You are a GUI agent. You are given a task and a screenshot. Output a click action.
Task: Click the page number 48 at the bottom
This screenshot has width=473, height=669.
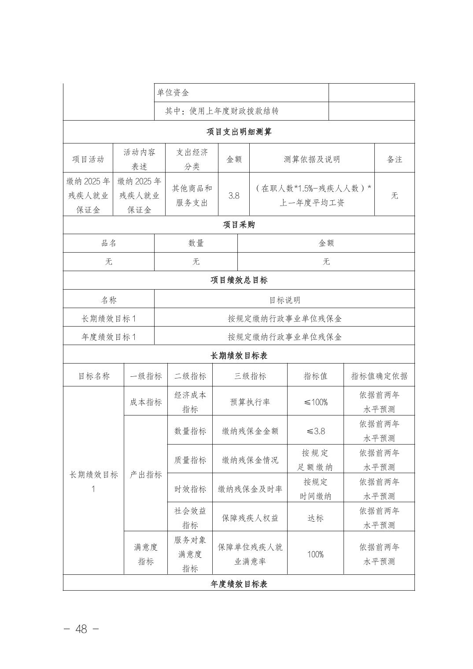pyautogui.click(x=81, y=629)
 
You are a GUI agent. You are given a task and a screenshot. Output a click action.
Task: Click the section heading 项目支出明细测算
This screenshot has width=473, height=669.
pyautogui.click(x=239, y=132)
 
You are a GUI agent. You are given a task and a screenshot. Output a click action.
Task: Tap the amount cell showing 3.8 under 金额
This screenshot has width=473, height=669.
pyautogui.click(x=234, y=195)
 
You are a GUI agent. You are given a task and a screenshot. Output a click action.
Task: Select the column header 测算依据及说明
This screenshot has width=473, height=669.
pyautogui.click(x=312, y=159)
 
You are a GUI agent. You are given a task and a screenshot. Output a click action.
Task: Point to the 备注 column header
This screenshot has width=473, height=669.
pyautogui.click(x=395, y=159)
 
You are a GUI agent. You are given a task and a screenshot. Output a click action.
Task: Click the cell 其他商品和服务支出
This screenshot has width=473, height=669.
pyautogui.click(x=192, y=195)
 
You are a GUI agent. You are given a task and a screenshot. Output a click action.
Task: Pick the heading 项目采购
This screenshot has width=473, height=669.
pyautogui.click(x=239, y=225)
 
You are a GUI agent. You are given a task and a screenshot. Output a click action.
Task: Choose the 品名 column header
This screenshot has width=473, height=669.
pyautogui.click(x=109, y=243)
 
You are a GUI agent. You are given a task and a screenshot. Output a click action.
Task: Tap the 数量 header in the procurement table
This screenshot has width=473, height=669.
pyautogui.click(x=196, y=243)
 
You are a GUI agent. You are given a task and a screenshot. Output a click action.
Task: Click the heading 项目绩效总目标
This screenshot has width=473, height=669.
pyautogui.click(x=239, y=280)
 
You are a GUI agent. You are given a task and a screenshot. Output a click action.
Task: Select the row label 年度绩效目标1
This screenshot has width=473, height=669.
pyautogui.click(x=109, y=337)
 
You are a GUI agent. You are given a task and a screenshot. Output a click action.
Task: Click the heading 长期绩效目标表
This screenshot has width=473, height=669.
pyautogui.click(x=239, y=356)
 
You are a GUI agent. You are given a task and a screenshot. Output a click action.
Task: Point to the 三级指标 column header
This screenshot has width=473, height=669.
pyautogui.click(x=250, y=376)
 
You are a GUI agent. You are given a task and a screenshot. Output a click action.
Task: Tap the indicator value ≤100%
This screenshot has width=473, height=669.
pyautogui.click(x=315, y=402)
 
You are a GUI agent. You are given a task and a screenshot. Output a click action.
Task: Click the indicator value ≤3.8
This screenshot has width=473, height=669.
pyautogui.click(x=315, y=431)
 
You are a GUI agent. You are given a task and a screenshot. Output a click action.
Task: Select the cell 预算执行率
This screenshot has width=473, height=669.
pyautogui.click(x=250, y=402)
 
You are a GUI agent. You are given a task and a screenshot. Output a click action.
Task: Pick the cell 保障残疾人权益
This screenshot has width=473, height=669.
pyautogui.click(x=250, y=518)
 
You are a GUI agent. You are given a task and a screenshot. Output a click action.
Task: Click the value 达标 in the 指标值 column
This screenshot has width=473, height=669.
pyautogui.click(x=315, y=518)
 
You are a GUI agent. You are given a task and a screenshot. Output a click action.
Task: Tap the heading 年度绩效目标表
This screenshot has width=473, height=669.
pyautogui.click(x=239, y=584)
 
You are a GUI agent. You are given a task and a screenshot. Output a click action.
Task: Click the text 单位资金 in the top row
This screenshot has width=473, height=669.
pyautogui.click(x=173, y=93)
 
